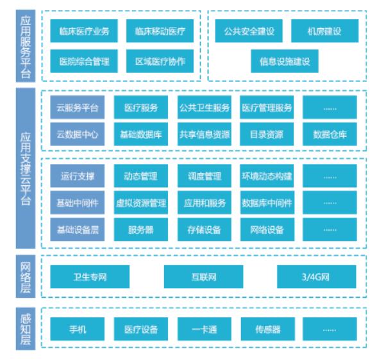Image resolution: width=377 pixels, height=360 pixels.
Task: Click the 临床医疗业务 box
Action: [x=84, y=31]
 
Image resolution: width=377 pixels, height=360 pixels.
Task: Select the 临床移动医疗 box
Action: [x=160, y=31]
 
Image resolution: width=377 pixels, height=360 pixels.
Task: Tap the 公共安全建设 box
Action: [x=249, y=31]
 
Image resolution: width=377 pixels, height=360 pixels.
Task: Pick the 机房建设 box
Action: [x=325, y=31]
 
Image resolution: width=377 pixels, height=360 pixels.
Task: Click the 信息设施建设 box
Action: [x=285, y=61]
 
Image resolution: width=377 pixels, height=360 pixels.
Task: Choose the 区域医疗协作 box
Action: [x=160, y=61]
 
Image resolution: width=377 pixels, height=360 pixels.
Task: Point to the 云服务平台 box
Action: [x=78, y=108]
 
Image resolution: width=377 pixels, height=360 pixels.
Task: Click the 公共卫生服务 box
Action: [x=205, y=108]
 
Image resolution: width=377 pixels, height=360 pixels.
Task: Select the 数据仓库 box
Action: [x=330, y=135]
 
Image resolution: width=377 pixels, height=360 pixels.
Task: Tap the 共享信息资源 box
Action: [x=205, y=135]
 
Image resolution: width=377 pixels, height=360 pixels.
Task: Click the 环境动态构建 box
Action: [x=267, y=176]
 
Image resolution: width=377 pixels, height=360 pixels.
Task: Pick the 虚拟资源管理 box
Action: [x=141, y=202]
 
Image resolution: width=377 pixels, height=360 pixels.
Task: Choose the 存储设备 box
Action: [x=205, y=229]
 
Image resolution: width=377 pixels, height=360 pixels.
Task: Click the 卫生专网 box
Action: [x=90, y=277]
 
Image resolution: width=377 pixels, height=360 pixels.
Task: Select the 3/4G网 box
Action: [x=317, y=277]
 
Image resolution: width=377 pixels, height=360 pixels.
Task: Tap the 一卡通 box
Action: [x=205, y=329]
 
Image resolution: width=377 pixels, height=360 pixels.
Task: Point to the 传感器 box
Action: [x=268, y=329]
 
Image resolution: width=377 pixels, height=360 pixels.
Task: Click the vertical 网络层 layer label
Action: [x=26, y=277]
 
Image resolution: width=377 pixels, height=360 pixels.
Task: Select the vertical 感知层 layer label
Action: [x=26, y=329]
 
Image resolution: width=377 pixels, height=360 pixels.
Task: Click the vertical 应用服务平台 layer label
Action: [x=26, y=46]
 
